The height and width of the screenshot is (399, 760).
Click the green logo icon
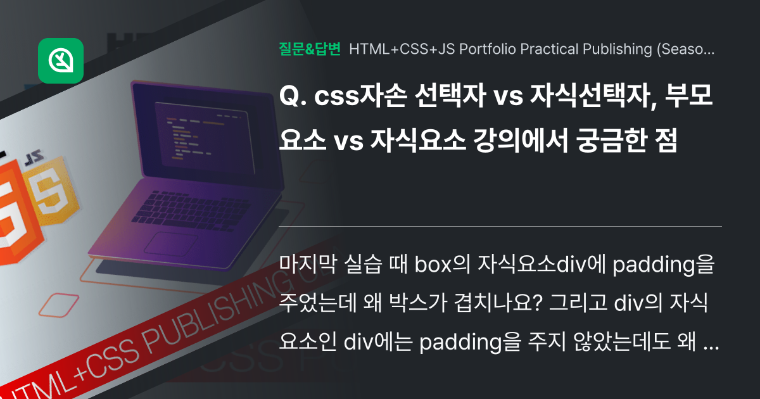click(x=61, y=60)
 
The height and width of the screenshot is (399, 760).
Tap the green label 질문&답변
click(x=310, y=49)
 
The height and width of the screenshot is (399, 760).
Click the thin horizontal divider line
click(x=500, y=226)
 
